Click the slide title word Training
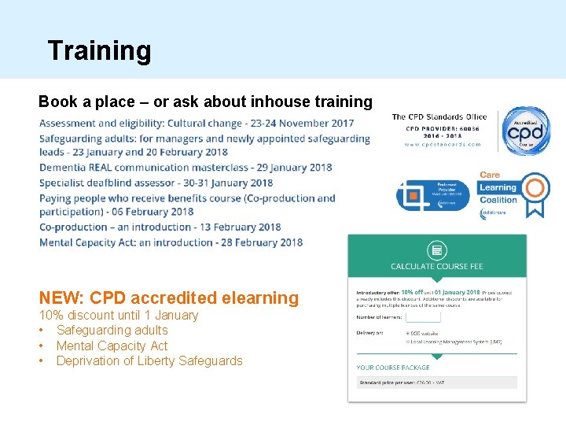99,50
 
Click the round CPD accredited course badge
526,131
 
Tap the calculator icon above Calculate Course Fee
437,251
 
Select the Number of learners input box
423,317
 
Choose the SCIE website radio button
408,332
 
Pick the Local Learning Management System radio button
408,341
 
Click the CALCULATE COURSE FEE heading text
437,267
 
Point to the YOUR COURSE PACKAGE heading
393,368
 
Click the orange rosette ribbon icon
536,191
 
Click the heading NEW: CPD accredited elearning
169,298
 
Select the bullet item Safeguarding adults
112,331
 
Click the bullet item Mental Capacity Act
112,346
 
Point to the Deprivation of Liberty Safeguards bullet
149,361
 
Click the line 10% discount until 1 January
119,316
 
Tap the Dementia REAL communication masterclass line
186,168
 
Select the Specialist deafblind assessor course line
167,183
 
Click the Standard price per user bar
437,382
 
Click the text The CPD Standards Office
439,117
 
